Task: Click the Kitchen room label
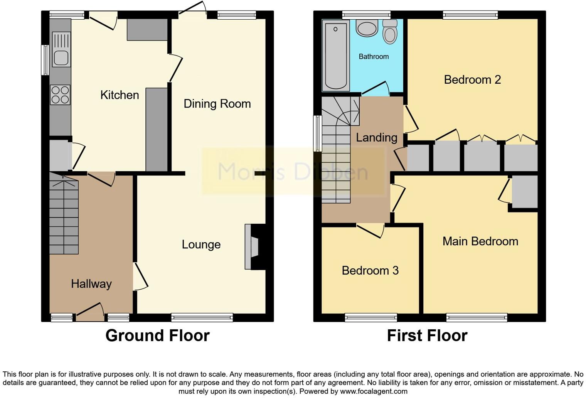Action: (x=120, y=95)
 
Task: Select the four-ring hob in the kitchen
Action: (x=60, y=95)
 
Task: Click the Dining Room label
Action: (x=217, y=104)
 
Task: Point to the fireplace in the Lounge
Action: (x=254, y=247)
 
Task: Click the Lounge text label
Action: (x=201, y=245)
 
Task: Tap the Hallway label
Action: (x=91, y=284)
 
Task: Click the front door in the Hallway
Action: (x=90, y=313)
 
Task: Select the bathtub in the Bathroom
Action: (x=335, y=55)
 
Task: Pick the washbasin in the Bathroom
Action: (x=367, y=29)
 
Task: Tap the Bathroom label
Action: (x=374, y=57)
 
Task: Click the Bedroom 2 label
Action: (x=472, y=80)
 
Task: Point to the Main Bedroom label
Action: (x=480, y=241)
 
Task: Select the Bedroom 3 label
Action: (x=370, y=271)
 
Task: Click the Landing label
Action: (x=376, y=138)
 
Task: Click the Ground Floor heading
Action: (x=157, y=336)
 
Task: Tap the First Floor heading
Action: (x=427, y=336)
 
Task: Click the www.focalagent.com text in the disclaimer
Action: (x=374, y=391)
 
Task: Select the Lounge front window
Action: (x=202, y=317)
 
